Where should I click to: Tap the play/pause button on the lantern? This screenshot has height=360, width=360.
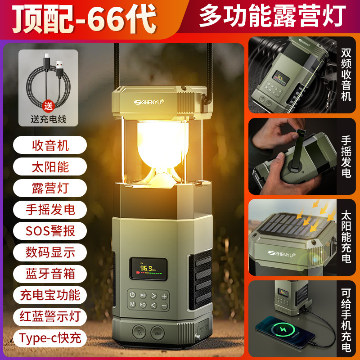point(143,296)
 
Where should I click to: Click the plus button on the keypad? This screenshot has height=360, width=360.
point(165,296)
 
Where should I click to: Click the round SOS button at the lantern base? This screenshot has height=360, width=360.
point(157,334)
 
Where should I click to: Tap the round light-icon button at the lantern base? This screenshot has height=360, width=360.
point(139,334)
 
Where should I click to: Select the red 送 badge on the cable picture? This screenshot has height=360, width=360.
point(48,107)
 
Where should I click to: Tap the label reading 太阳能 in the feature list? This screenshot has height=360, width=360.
point(50,166)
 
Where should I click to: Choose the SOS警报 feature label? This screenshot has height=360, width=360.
point(50,231)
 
